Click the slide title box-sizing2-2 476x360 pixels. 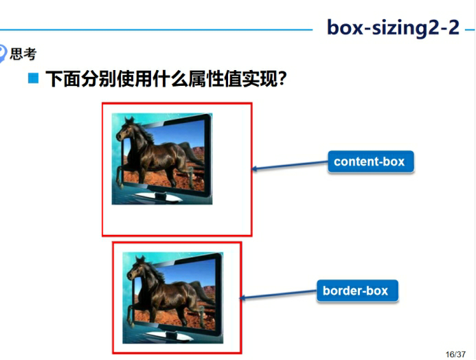(393, 27)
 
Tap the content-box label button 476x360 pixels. (370, 162)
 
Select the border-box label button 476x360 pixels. (356, 291)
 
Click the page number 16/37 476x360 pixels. (455, 354)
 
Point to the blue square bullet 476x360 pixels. (32, 79)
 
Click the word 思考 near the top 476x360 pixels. (23, 54)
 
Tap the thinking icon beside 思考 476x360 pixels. (3, 54)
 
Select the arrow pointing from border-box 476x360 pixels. (278, 295)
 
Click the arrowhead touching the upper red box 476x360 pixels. (256, 169)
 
